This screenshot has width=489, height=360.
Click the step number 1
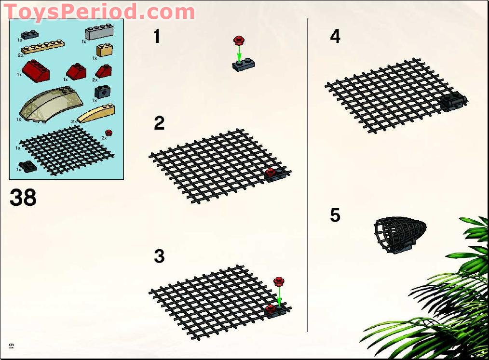click(157, 37)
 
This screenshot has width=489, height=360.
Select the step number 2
click(159, 123)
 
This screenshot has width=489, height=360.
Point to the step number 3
click(159, 256)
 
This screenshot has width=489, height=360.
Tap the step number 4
click(335, 37)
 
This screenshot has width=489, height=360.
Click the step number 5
click(335, 215)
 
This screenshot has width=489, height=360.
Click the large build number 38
click(23, 198)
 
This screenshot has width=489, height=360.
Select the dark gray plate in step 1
click(244, 65)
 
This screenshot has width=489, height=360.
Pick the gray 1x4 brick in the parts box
click(99, 33)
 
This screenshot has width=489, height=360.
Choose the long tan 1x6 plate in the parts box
click(42, 47)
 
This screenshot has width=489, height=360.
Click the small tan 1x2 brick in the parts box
click(105, 50)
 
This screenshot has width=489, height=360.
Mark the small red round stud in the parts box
click(109, 133)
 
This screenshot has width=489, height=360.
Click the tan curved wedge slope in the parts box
click(96, 113)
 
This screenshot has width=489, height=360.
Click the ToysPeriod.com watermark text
click(99, 11)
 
